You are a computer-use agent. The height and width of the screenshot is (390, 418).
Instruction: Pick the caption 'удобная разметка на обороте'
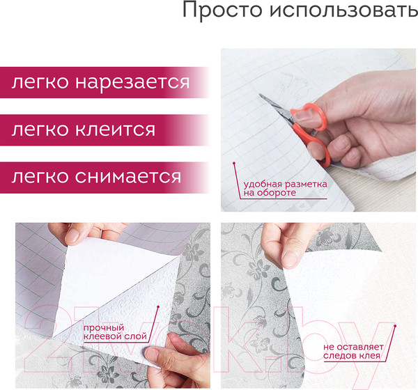[x=284, y=188]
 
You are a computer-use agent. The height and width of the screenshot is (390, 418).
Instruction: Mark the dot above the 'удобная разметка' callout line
[x=235, y=164]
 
